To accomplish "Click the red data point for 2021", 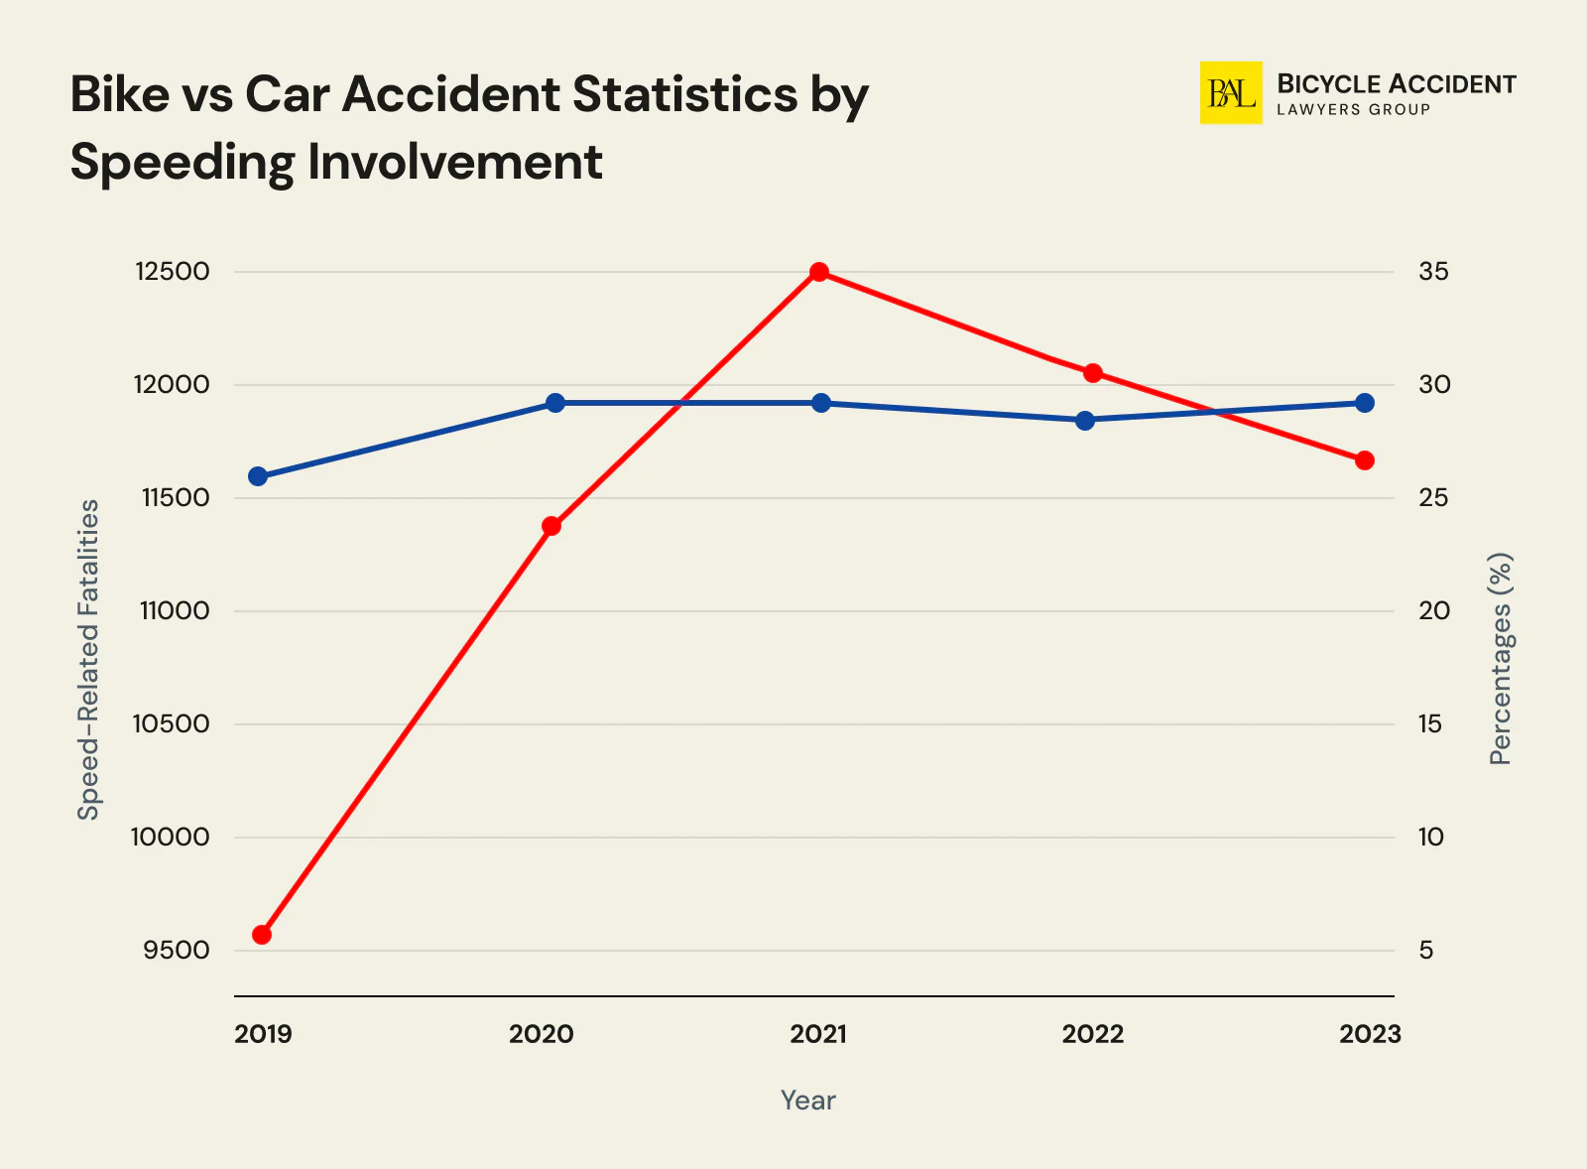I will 819,272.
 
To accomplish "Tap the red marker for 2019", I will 262,935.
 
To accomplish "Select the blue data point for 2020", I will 555,403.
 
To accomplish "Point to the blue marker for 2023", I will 1365,403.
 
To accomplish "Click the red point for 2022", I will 1093,373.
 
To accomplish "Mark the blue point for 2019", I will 258,476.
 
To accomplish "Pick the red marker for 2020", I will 551,526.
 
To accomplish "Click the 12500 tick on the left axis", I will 173,272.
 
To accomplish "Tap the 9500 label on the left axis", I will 176,951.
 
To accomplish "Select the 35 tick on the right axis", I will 1433,272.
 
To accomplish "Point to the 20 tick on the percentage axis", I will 1433,611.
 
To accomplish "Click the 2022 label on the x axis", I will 1093,1034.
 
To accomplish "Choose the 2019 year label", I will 263,1034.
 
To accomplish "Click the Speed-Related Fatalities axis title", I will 89,660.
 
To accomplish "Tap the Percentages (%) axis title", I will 1501,660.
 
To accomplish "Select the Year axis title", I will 807,1101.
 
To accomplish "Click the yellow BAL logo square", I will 1231,93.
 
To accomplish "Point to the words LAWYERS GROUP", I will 1353,110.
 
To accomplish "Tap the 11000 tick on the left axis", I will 175,611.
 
